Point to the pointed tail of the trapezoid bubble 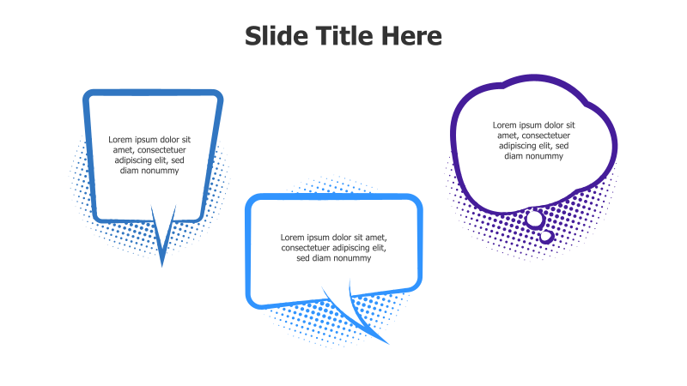tap(162, 249)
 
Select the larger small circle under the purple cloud tap(535, 220)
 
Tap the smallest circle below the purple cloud tap(546, 236)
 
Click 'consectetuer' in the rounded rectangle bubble tap(307, 248)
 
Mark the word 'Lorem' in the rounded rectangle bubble tap(295, 238)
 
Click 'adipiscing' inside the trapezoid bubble tap(136, 160)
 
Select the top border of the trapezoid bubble tap(153, 93)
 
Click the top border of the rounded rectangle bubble tap(334, 199)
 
